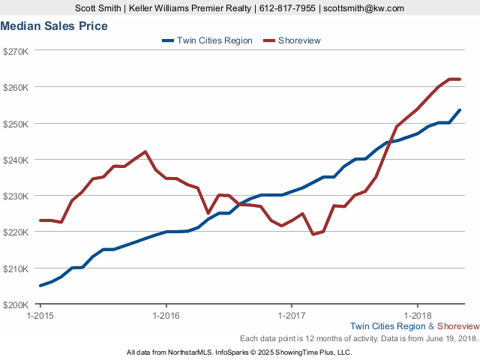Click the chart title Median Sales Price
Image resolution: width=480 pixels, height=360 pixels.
coord(54,26)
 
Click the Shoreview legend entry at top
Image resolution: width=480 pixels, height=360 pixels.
coord(298,40)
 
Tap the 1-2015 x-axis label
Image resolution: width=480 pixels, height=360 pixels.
coord(40,316)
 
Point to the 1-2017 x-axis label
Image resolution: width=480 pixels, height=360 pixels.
coord(291,316)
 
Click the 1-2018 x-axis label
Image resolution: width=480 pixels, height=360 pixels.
coord(417,316)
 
